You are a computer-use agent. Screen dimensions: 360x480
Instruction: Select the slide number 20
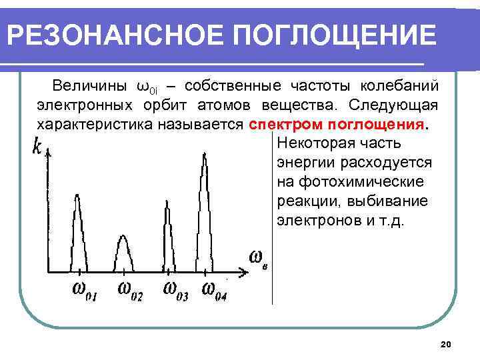coord(446,344)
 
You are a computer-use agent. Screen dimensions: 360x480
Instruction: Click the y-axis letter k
coord(37,146)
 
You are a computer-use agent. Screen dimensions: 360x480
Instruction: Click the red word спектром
coord(280,125)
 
